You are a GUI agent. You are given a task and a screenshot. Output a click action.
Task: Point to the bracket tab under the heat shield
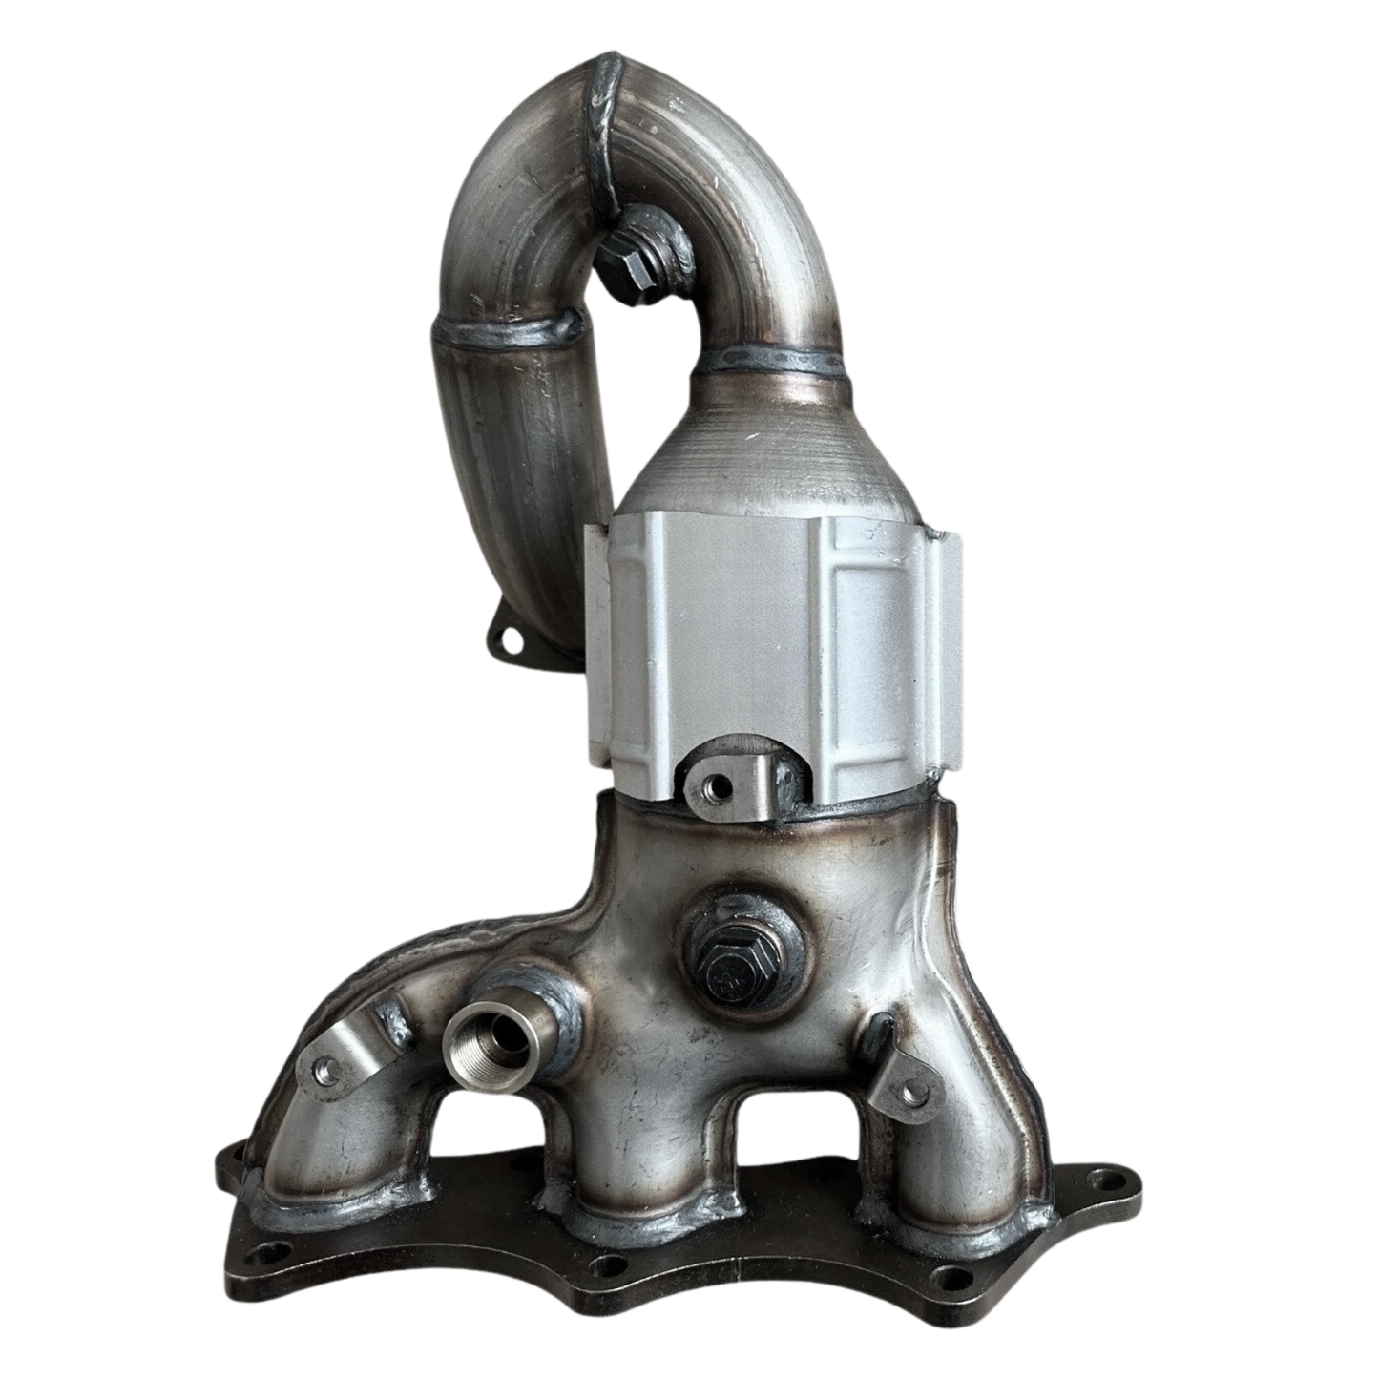[x=721, y=786]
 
